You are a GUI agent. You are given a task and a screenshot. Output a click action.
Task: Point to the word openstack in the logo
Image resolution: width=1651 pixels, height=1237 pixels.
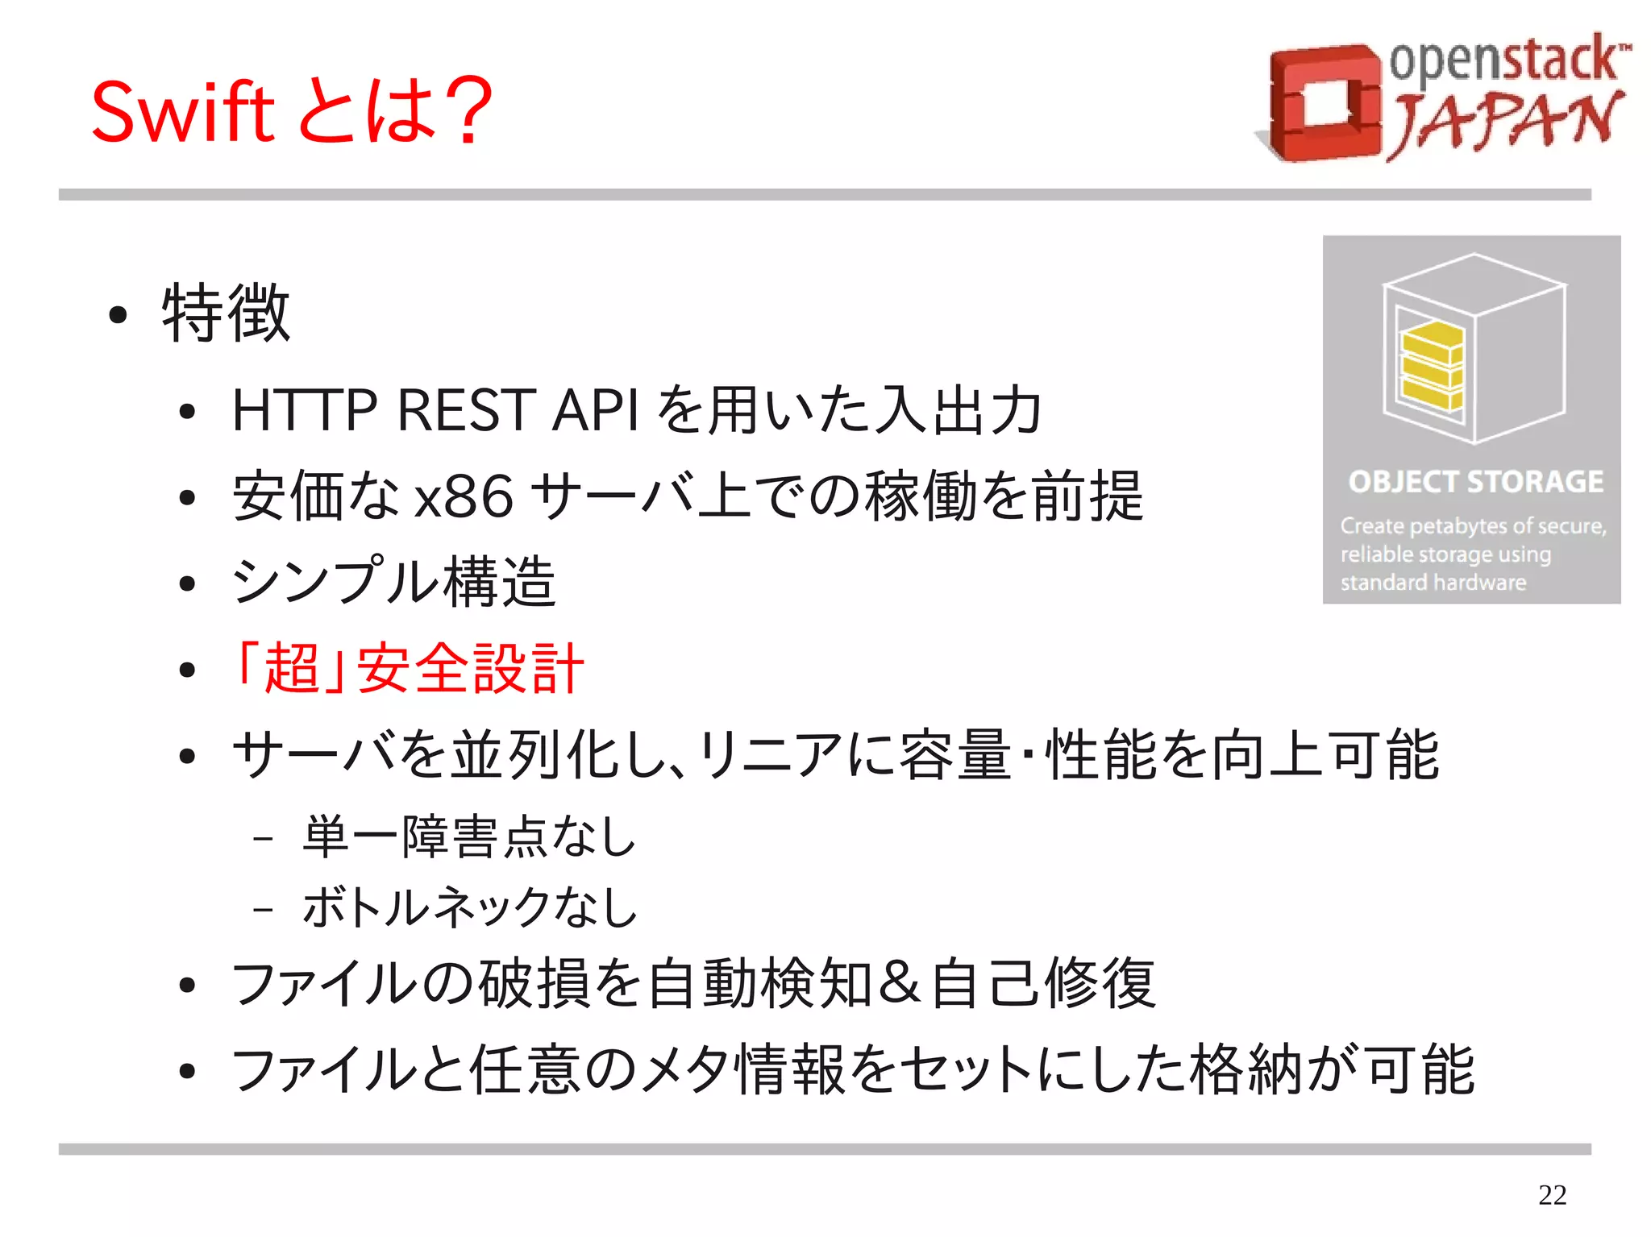point(1504,60)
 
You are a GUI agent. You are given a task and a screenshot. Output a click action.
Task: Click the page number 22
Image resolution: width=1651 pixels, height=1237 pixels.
point(1552,1194)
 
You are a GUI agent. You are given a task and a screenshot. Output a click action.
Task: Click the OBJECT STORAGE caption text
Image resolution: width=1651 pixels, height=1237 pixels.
point(1475,482)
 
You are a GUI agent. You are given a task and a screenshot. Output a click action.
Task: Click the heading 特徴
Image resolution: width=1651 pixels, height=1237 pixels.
point(226,313)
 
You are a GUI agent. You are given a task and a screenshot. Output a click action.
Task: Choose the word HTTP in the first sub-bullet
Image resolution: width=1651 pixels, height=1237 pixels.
point(304,410)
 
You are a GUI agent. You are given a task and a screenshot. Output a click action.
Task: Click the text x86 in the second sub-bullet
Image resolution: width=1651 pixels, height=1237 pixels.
point(464,496)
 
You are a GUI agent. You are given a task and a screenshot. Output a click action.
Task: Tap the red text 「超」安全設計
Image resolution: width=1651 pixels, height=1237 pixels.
point(407,668)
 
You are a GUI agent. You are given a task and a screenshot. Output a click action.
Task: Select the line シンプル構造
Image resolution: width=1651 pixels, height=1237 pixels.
point(393,582)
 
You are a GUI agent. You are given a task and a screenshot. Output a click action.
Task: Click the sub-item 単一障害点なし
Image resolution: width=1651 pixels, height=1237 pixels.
point(469,836)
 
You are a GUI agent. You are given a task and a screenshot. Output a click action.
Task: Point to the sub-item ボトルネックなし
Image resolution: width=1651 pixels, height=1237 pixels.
point(469,907)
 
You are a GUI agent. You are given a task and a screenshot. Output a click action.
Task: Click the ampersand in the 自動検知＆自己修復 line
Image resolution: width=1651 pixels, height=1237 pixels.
point(900,982)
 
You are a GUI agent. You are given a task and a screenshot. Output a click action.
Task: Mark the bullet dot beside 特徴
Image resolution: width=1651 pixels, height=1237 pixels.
point(118,315)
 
